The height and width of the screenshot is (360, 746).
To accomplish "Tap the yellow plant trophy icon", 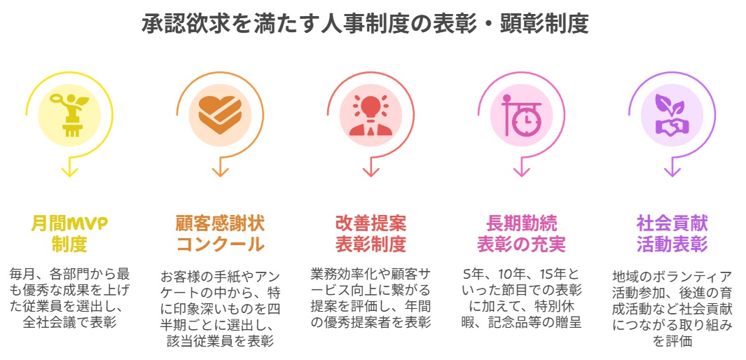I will [69, 114].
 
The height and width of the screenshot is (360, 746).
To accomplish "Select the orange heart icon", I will [220, 114].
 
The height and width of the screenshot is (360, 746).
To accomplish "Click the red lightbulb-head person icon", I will [371, 114].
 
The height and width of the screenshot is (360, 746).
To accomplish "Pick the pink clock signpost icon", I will [521, 114].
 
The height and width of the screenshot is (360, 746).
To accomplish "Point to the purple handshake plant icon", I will [672, 114].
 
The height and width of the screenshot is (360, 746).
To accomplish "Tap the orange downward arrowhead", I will [220, 170].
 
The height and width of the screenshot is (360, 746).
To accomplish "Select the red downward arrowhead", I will [371, 170].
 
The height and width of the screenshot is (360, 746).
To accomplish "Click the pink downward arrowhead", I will [521, 170].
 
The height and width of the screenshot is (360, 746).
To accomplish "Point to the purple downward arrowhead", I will [672, 170].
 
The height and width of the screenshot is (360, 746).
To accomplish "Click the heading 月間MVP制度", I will [69, 234].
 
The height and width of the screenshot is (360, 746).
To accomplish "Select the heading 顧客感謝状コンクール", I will [220, 234].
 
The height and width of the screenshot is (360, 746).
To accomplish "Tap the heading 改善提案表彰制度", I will [371, 234].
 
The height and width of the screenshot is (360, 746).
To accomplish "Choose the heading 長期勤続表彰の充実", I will [521, 234].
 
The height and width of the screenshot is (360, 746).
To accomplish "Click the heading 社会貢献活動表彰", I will [672, 234].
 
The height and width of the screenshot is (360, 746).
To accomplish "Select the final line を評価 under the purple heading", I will [672, 342].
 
